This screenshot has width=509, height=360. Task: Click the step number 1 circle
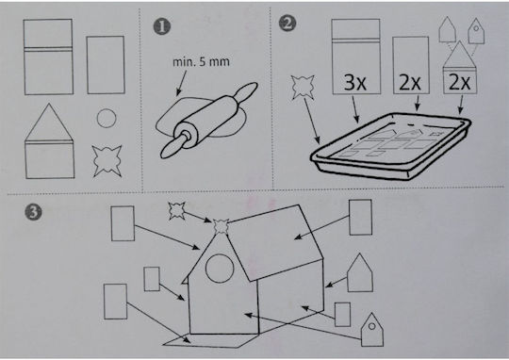point(162,27)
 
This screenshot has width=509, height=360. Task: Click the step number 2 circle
point(287,24)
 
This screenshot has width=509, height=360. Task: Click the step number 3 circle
point(34,213)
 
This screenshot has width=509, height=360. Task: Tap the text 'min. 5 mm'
point(202,61)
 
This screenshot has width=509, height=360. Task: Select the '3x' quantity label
point(354,82)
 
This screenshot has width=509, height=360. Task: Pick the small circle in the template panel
point(107,118)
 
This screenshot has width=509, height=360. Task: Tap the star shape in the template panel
point(107,161)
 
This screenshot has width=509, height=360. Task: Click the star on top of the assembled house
point(222,227)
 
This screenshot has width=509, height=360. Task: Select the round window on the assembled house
point(220,269)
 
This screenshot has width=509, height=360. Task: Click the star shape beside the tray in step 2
point(304,87)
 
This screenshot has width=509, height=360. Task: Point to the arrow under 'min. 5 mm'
point(182,84)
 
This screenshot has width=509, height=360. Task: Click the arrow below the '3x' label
point(355,110)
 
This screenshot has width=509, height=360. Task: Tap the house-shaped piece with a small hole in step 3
point(372,330)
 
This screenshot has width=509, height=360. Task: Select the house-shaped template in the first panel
point(49,141)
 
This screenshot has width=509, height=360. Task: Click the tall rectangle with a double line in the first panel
point(48,57)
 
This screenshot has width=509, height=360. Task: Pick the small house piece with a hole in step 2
point(476,31)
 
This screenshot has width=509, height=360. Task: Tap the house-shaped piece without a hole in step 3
point(360,272)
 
